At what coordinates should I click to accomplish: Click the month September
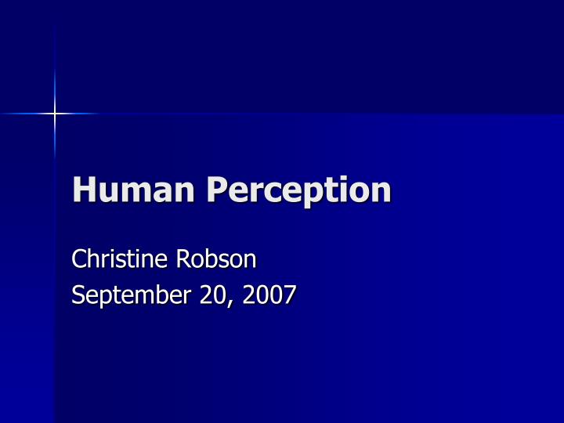click(131, 296)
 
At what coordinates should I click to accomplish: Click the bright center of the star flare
click(55, 114)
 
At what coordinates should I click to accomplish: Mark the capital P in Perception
click(219, 190)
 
